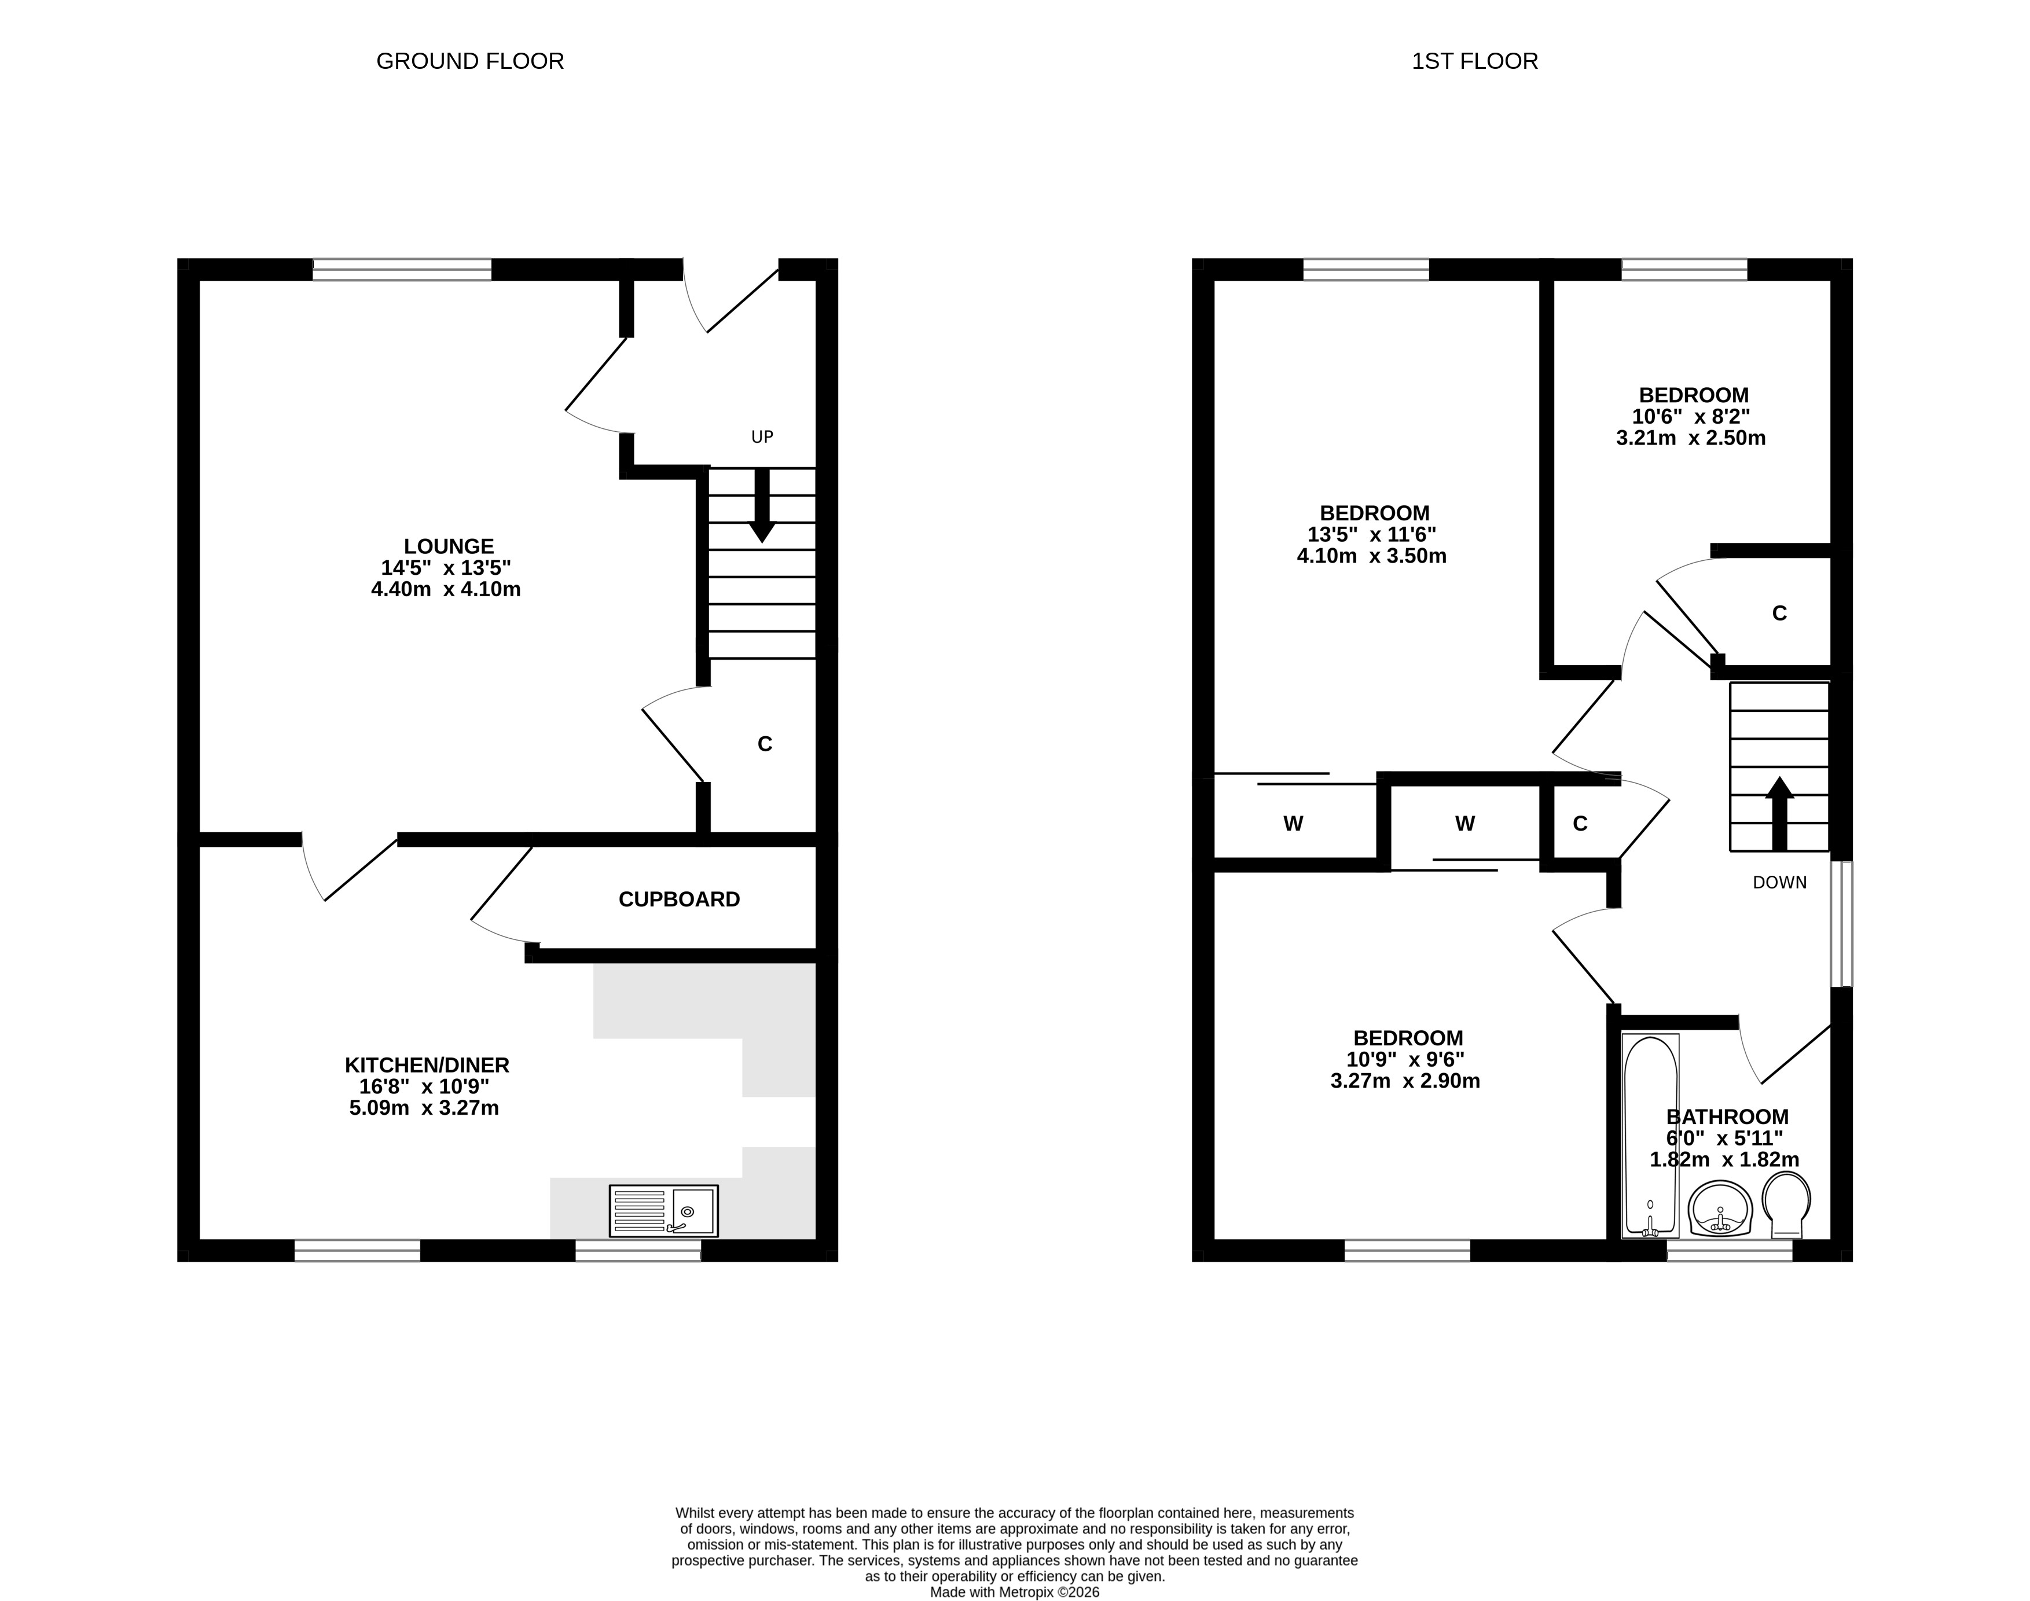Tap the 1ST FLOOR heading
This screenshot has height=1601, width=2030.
point(1475,62)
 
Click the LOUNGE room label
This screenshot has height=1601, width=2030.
point(449,546)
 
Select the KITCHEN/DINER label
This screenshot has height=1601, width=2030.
point(427,1066)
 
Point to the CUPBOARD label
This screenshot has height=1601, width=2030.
point(680,900)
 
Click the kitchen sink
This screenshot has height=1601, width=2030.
point(663,1211)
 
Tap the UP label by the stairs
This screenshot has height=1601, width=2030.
point(762,437)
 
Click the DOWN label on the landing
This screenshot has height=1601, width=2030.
point(1780,882)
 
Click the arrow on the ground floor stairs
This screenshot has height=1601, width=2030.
point(762,504)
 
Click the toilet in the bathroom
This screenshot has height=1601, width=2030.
point(1786,1206)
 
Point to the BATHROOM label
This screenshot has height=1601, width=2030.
point(1727,1117)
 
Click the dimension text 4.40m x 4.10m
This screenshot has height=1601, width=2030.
point(446,590)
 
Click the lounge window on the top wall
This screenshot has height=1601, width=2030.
point(402,270)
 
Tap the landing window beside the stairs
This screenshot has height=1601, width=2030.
point(1842,924)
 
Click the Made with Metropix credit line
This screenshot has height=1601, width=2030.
point(1015,1592)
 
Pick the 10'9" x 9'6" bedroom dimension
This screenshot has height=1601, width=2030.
point(1406,1059)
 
